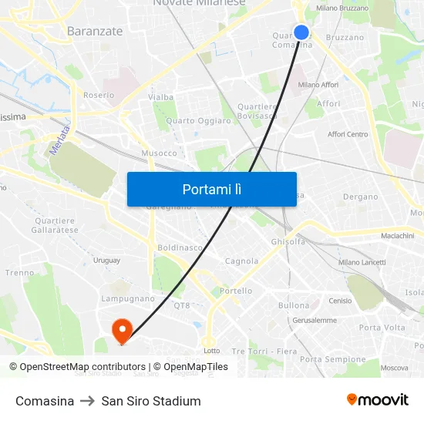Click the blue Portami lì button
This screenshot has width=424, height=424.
coord(212,189)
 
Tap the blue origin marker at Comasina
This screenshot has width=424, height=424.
coord(301,32)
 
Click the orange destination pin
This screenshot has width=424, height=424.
coord(121,331)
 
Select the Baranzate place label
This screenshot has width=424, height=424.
coord(95,31)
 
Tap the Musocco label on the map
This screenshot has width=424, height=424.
coord(160,153)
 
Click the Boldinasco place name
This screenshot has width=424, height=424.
coord(180,247)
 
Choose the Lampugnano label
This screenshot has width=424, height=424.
coord(128,298)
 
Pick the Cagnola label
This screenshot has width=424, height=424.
coord(241,261)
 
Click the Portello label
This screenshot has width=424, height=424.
coord(236,291)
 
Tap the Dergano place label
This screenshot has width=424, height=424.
coord(360,197)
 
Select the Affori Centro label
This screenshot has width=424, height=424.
coord(348,134)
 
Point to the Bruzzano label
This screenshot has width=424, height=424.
coord(345,37)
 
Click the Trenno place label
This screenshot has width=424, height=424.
coord(19,272)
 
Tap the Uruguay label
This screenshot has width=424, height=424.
coord(106,260)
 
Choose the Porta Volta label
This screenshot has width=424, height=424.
coord(382,328)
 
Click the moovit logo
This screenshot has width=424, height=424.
coord(377,400)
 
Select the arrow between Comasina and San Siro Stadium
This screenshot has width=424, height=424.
coord(88,401)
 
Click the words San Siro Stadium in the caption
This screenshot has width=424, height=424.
coord(151,401)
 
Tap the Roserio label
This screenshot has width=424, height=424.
coord(99,95)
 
